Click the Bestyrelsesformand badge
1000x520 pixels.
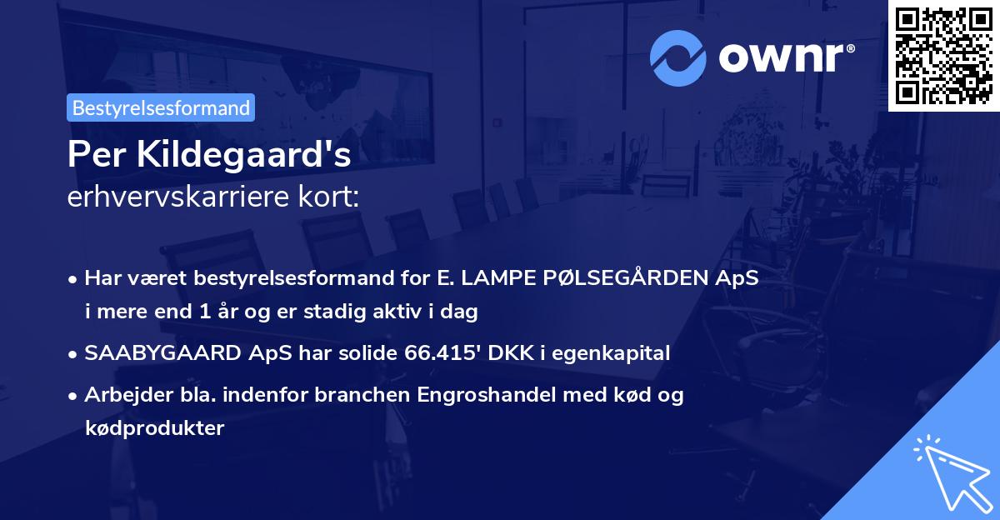(x=161, y=107)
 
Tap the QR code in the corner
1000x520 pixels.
(x=944, y=55)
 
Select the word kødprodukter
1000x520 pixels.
(x=154, y=428)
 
